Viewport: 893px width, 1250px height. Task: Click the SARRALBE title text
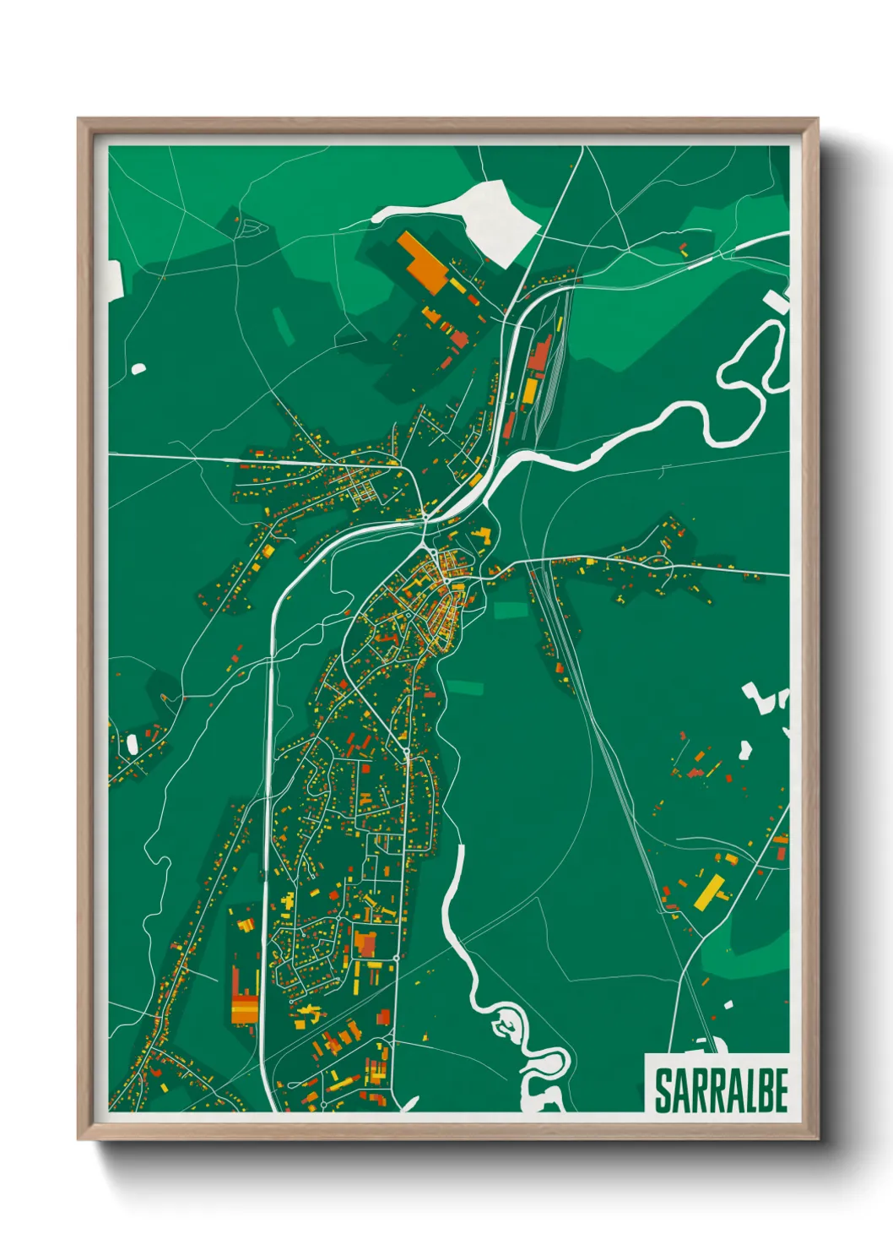pos(720,1090)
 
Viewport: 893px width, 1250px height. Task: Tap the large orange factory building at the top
pos(422,262)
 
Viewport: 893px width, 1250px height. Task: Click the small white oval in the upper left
pos(138,368)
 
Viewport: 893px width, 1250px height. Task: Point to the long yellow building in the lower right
pos(711,892)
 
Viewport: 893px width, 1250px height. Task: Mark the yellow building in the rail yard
pos(530,390)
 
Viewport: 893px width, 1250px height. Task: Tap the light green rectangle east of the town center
pos(509,610)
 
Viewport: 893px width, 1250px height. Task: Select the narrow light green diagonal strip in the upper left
pos(283,326)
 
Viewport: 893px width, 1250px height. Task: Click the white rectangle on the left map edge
pos(115,280)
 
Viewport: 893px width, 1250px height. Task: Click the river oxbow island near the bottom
pos(506,1026)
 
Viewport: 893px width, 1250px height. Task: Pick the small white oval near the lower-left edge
pos(133,744)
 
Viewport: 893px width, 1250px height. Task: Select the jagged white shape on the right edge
pos(764,697)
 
